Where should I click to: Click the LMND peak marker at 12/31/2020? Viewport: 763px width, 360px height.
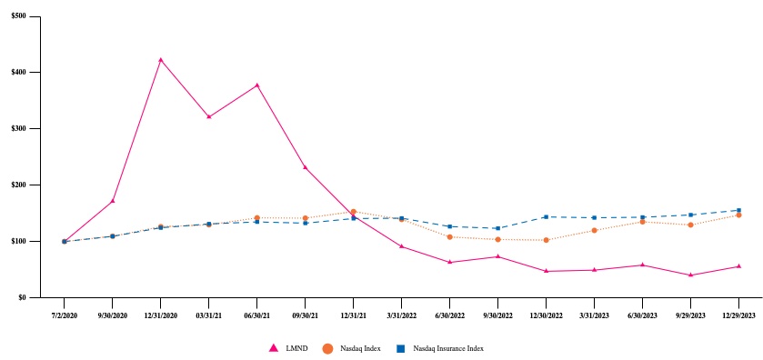tap(161, 60)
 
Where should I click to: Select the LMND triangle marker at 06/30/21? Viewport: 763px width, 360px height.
tap(257, 85)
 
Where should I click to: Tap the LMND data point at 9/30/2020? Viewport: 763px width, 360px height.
tap(113, 201)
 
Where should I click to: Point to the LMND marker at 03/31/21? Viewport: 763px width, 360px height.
tap(209, 116)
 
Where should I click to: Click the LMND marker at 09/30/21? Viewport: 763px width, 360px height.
tap(306, 167)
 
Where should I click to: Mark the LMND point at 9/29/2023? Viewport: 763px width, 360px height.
tap(691, 275)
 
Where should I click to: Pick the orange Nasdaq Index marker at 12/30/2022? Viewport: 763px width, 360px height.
tap(547, 240)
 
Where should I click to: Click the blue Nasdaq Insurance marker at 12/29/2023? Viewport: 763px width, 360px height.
tap(738, 210)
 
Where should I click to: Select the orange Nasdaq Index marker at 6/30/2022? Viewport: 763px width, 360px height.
tap(450, 236)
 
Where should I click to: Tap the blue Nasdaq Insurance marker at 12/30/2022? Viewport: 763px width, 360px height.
tap(547, 216)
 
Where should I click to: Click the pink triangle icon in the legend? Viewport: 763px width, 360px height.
tap(272, 347)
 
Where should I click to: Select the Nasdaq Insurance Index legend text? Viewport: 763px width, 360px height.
tap(447, 348)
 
